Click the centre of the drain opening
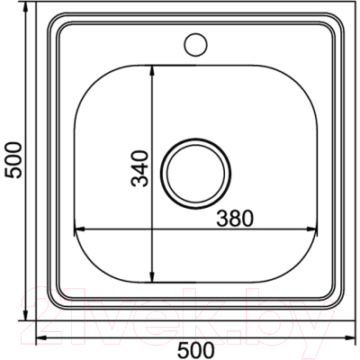pos(195,174)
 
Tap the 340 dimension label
pos(139,169)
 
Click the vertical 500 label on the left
pos(14,160)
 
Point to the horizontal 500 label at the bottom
pos(196,350)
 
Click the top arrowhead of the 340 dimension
pos(152,70)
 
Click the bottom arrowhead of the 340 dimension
pos(152,277)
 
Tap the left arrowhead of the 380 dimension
pos(79,229)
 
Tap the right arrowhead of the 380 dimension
pos(312,229)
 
